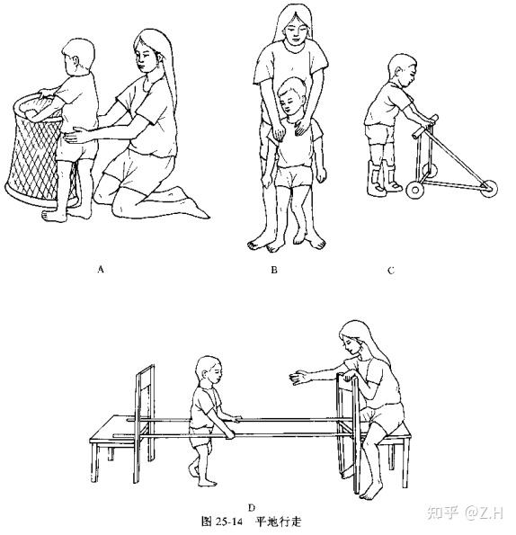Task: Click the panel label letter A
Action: [101, 269]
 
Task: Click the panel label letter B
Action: [274, 270]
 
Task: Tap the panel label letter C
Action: [391, 271]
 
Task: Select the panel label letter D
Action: [252, 508]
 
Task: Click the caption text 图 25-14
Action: [222, 522]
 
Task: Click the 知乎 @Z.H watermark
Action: [465, 513]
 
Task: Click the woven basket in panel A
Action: [34, 150]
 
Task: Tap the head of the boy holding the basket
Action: [78, 56]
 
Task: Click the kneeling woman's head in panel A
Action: [150, 51]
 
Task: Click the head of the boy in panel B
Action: [291, 96]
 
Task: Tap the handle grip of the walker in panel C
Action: [425, 127]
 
